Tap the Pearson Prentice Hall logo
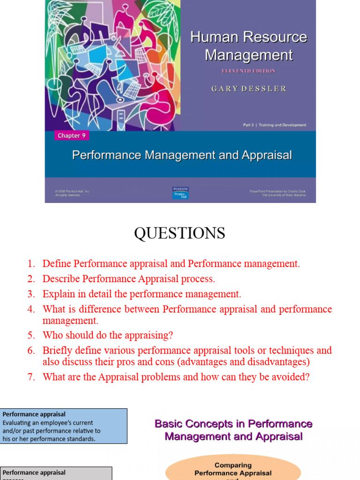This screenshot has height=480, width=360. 180,193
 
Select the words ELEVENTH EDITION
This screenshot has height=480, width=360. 248,71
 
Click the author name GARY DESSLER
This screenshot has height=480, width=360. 248,89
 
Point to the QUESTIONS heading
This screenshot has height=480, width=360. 180,233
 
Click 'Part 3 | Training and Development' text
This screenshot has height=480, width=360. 274,125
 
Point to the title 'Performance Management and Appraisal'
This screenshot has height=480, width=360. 182,155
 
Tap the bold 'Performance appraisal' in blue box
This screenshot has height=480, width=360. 34,414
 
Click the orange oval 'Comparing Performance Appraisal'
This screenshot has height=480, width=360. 233,469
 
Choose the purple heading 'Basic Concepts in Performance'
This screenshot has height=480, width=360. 233,424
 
